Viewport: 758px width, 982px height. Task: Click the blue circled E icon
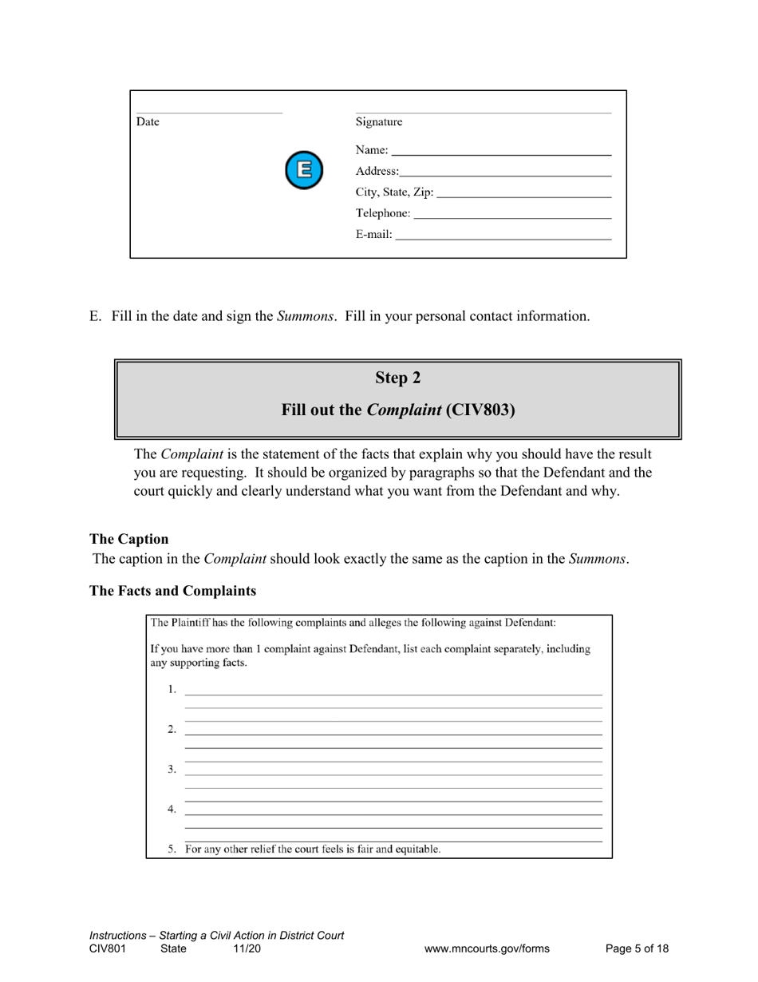tap(304, 169)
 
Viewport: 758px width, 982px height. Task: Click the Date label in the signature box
tap(148, 122)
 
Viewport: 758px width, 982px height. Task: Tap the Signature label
tap(379, 122)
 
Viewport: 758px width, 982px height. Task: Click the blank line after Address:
tap(505, 172)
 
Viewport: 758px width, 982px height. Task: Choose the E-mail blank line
tap(503, 236)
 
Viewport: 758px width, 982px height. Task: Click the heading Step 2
tap(398, 378)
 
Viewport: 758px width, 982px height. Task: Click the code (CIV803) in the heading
tap(480, 410)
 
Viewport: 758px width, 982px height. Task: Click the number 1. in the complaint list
tap(172, 689)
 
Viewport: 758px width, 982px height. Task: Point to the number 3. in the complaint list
tap(172, 769)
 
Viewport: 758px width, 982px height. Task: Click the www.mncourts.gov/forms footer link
tap(487, 948)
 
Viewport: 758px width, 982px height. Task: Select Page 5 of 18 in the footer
tap(637, 948)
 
